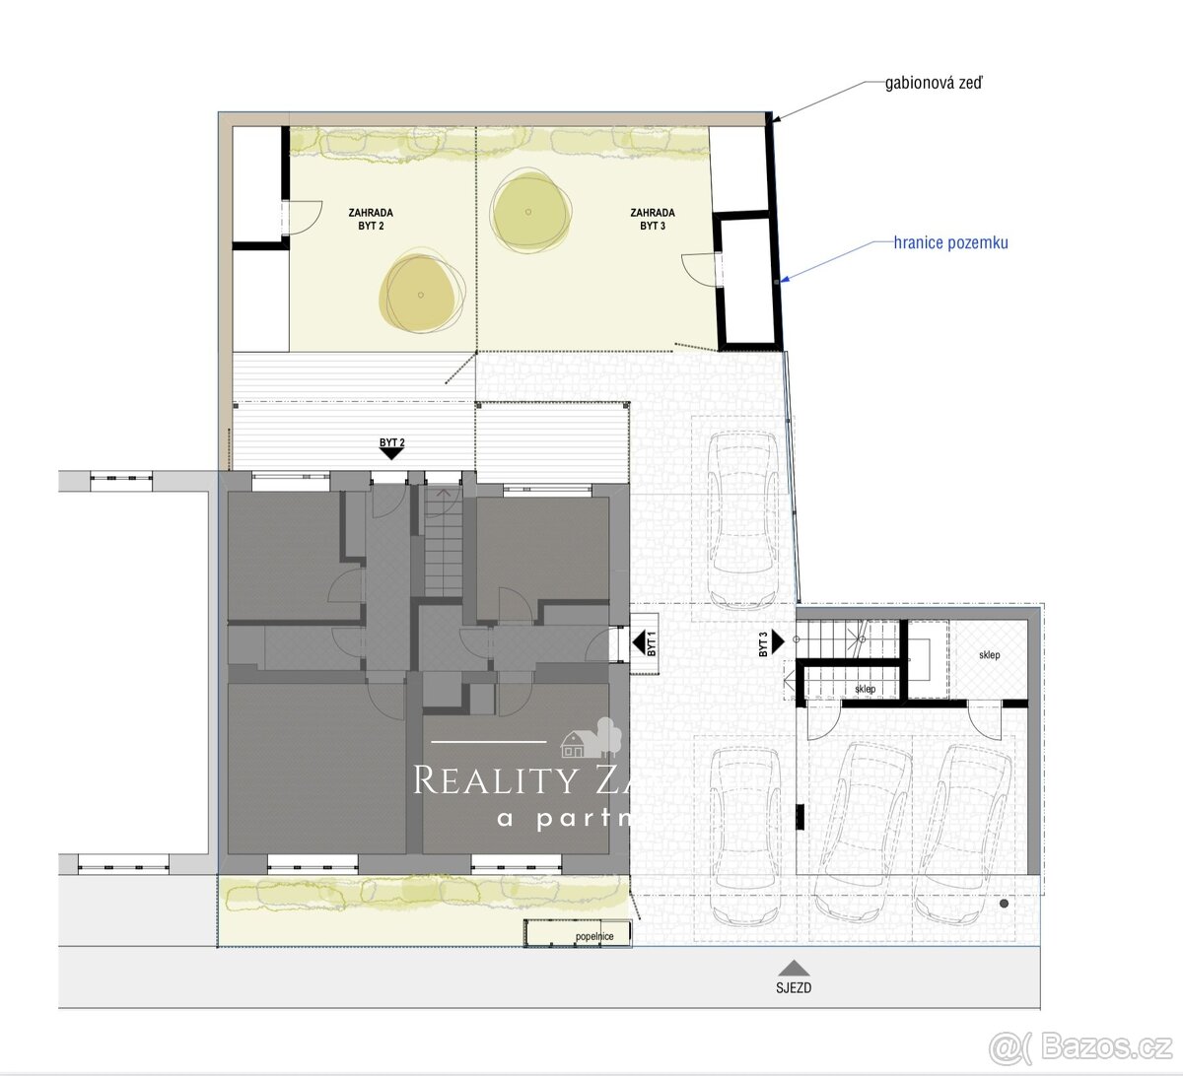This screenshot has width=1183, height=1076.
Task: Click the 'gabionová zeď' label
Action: [933, 84]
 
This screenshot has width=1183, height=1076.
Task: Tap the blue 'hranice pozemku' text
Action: [950, 242]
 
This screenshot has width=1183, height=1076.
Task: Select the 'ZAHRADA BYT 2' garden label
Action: [371, 219]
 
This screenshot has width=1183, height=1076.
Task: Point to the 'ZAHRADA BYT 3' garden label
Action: [652, 219]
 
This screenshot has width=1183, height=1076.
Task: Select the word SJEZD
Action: [793, 987]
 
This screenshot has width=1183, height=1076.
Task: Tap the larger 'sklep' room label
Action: [989, 655]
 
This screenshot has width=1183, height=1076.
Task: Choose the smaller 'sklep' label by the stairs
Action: [866, 689]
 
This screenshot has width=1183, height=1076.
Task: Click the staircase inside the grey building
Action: [443, 543]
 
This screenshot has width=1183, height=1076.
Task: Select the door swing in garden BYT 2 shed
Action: [302, 217]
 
